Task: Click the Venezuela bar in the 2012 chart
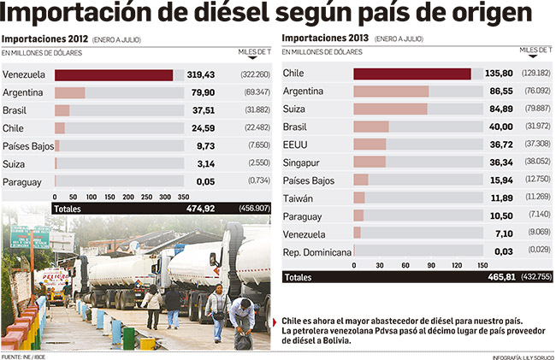114,74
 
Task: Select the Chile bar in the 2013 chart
412,74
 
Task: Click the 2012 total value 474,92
199,208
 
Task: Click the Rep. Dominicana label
316,251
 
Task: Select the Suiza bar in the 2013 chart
390,109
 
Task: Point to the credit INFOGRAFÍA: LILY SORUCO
521,356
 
